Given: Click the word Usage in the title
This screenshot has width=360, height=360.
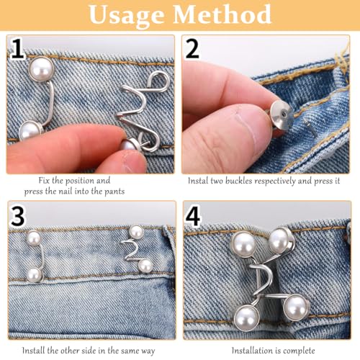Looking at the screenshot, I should pyautogui.click(x=128, y=16).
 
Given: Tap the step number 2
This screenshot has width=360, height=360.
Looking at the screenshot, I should pyautogui.click(x=193, y=51).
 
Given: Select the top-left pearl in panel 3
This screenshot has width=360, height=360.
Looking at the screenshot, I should pyautogui.click(x=33, y=238).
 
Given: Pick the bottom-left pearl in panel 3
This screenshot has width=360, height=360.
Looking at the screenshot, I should pyautogui.click(x=33, y=275).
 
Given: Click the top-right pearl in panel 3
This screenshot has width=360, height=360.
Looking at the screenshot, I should pyautogui.click(x=136, y=232).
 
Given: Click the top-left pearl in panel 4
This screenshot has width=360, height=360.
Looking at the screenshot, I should pyautogui.click(x=244, y=245).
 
